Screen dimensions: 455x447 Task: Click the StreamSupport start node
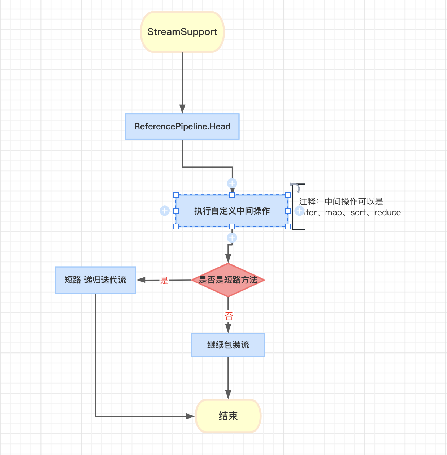point(182,32)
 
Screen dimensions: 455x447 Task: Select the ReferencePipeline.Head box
point(182,126)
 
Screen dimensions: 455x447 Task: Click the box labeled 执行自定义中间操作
point(232,211)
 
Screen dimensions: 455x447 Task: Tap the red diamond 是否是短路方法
point(228,280)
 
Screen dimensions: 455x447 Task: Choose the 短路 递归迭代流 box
point(95,280)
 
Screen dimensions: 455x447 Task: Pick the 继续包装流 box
point(228,345)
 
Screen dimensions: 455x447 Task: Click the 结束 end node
point(228,416)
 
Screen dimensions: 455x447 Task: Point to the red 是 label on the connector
point(164,281)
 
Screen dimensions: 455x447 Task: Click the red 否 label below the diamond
point(229,316)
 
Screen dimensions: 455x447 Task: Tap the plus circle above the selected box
point(232,183)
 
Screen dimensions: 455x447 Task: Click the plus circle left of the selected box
point(165,211)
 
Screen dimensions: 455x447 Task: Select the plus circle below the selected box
point(232,238)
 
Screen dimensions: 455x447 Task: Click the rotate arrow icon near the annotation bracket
point(295,187)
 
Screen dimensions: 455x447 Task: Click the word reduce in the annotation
point(387,213)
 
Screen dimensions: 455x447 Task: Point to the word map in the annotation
point(333,213)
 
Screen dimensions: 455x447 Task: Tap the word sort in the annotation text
point(358,213)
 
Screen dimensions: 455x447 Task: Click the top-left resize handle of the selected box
point(176,195)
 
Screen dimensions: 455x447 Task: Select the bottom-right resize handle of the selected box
point(288,226)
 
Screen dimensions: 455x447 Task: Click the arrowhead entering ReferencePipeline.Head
point(182,109)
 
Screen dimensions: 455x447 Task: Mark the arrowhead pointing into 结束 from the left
point(190,416)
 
